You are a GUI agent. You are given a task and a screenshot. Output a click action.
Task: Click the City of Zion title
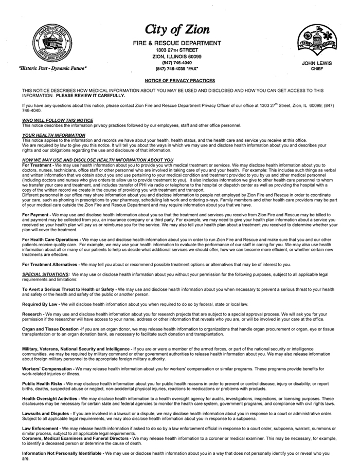177,29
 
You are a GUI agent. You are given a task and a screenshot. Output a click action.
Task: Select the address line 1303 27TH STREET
177,50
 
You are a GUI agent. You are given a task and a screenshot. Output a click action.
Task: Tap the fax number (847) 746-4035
177,68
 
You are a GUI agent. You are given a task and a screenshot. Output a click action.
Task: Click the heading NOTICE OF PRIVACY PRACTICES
179,81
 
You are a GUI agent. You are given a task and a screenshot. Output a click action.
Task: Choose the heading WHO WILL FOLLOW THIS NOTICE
58,120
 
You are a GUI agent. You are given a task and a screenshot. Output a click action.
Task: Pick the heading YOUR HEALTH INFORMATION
53,135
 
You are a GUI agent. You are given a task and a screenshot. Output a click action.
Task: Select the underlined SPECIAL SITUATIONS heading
46,274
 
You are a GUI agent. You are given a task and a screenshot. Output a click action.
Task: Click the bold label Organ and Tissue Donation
50,329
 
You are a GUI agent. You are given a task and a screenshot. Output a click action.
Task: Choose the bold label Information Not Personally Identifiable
62,453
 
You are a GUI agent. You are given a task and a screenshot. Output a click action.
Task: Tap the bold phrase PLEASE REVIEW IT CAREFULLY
91,96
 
